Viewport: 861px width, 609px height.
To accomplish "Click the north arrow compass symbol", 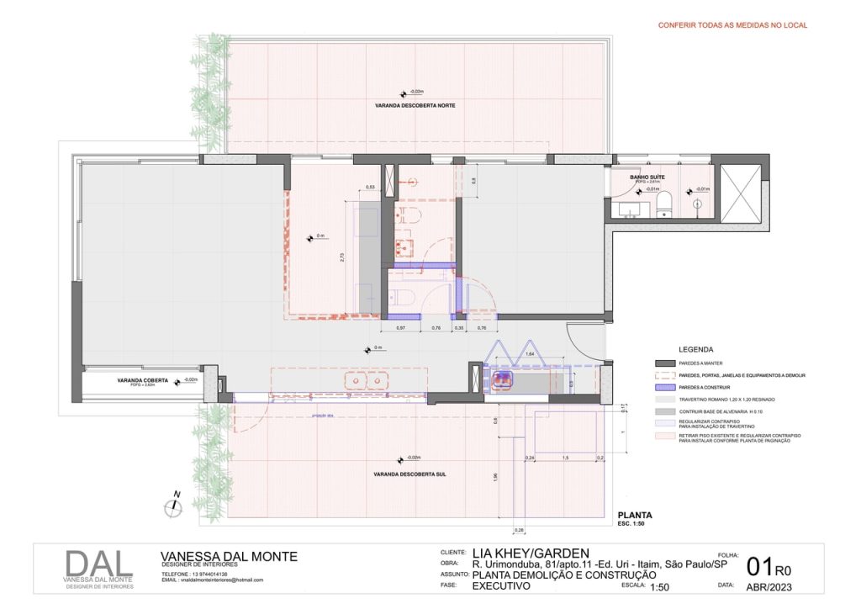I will [x=173, y=506].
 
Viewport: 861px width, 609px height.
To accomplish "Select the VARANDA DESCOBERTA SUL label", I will [x=410, y=474].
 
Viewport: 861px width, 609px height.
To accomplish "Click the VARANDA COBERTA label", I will [x=143, y=380].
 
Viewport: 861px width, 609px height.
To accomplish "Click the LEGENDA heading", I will [x=696, y=348].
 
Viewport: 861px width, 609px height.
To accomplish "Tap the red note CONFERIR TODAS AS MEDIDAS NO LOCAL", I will [x=732, y=25].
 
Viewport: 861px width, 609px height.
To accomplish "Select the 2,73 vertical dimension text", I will [x=341, y=258].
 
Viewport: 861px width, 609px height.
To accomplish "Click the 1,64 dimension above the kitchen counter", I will [x=530, y=355].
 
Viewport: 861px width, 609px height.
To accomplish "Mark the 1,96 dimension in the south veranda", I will [x=495, y=477].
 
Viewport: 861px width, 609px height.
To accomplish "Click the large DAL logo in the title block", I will [x=99, y=564].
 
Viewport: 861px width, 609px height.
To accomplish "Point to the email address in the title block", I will [x=212, y=580].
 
